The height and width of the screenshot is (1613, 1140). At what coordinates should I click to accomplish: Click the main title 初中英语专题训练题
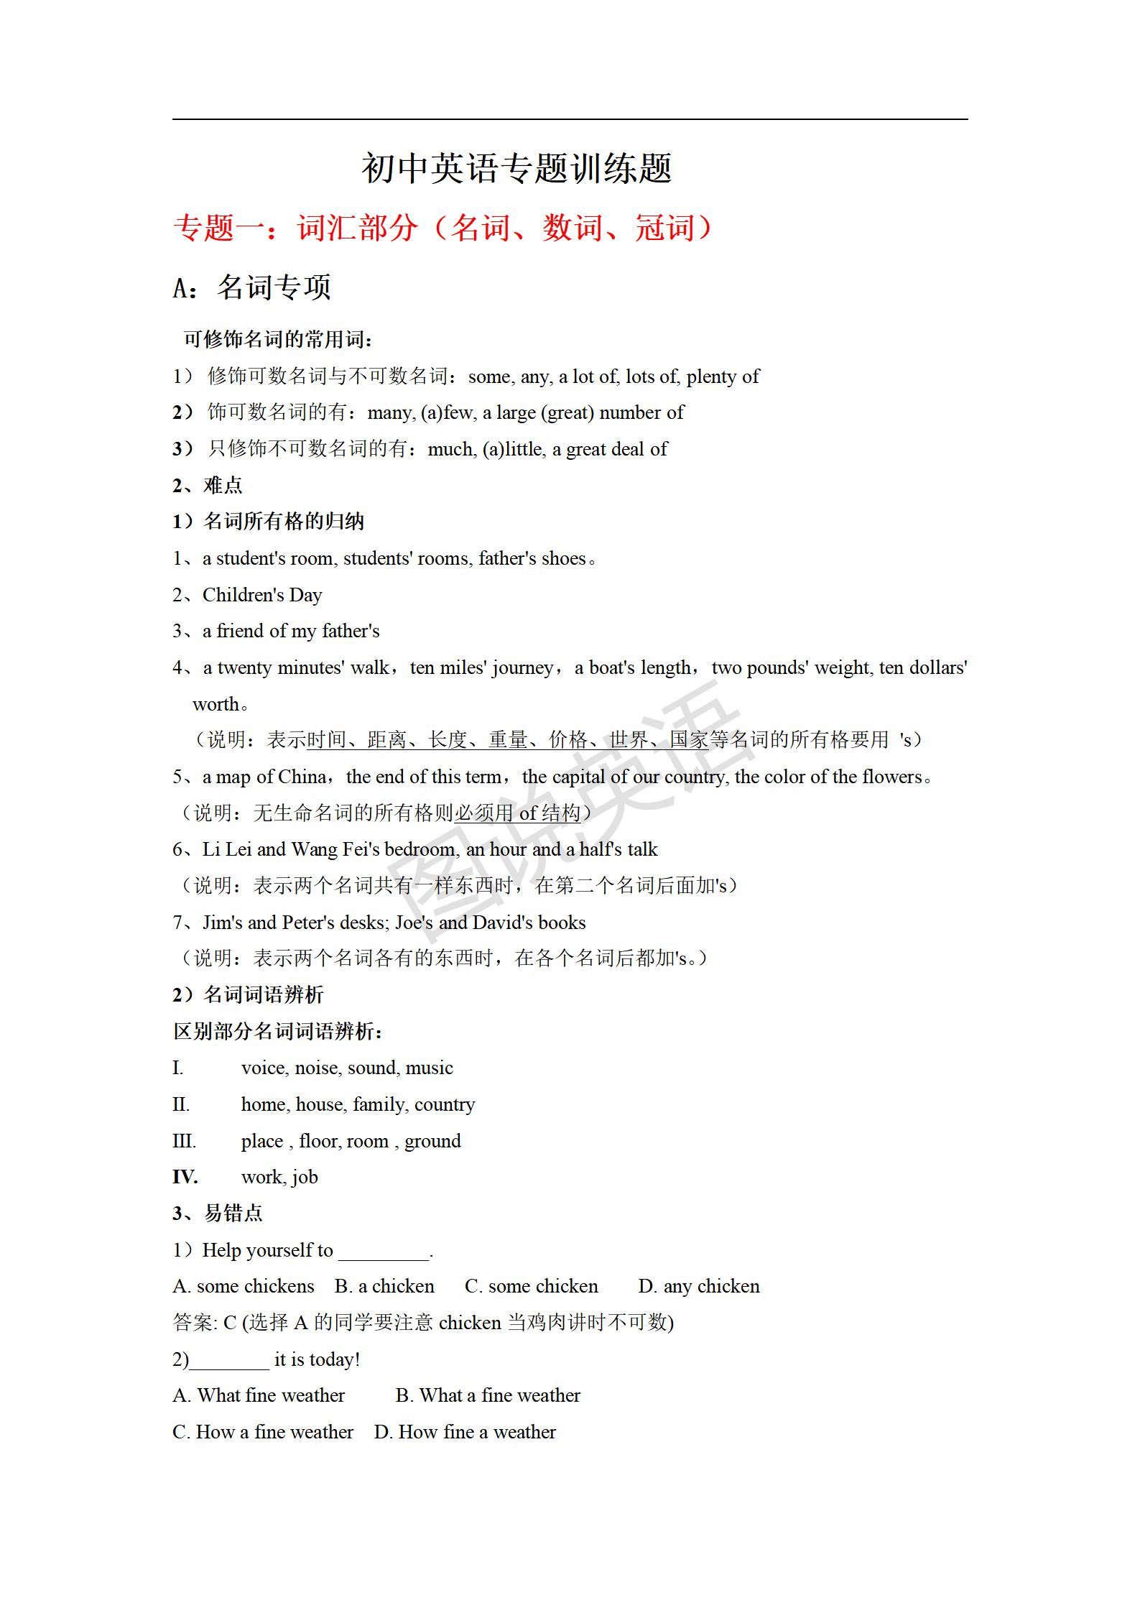[x=516, y=169]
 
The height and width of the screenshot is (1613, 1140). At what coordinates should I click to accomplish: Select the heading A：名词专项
[x=252, y=287]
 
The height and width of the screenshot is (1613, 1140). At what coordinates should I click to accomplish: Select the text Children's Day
[x=262, y=595]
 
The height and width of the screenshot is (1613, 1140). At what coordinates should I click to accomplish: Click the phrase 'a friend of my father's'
[x=291, y=631]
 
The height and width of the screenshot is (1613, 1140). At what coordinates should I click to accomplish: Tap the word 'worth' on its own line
[x=216, y=704]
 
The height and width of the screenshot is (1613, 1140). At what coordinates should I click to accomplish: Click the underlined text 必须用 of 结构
[x=517, y=813]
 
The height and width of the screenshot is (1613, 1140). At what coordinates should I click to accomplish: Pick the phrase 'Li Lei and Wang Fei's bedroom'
[x=329, y=849]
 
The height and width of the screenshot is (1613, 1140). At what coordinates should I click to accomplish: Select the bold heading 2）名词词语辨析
[x=249, y=995]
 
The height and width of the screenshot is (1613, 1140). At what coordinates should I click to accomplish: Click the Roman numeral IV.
[x=185, y=1177]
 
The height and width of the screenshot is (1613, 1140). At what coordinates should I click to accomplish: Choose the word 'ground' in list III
[x=432, y=1141]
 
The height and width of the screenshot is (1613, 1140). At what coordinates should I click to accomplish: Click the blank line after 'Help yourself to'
[x=384, y=1252]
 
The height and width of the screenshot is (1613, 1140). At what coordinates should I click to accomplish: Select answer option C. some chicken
[x=532, y=1286]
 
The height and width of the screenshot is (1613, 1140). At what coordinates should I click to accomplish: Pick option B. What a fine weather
[x=488, y=1395]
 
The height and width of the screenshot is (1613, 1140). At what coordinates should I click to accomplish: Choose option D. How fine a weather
[x=465, y=1432]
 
